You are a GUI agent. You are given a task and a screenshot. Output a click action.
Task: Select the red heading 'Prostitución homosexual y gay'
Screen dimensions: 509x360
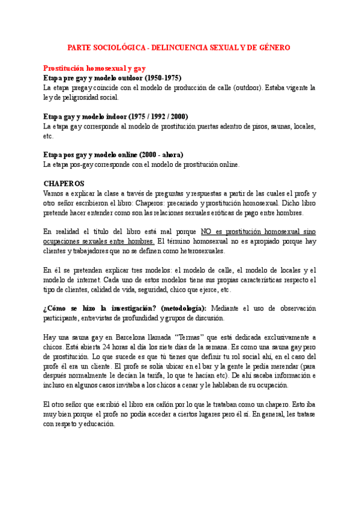coord(95,68)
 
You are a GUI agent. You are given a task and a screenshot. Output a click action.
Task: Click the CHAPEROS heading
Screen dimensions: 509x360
coord(64,183)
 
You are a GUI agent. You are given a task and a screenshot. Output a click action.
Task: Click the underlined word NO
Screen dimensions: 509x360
coord(207,232)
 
